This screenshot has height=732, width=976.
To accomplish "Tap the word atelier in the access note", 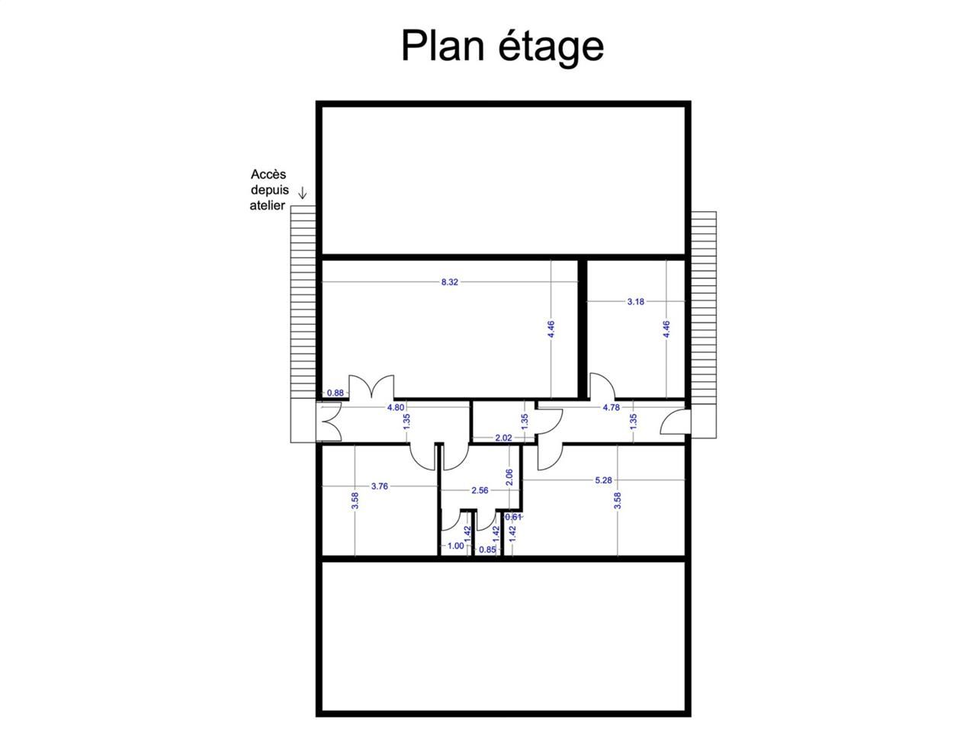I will (x=268, y=206).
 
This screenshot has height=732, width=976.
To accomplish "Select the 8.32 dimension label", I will (x=450, y=282).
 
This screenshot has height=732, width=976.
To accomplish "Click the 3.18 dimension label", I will (x=635, y=302).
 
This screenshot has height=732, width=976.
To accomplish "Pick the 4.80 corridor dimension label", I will (x=396, y=407).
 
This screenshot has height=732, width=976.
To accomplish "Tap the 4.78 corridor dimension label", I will (x=611, y=408).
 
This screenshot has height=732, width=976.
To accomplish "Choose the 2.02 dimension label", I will (x=503, y=438).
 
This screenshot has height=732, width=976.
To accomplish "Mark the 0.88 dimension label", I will (x=335, y=393).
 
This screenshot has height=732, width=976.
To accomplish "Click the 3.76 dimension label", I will (x=379, y=486).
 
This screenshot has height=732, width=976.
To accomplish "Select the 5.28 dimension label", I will (x=603, y=480).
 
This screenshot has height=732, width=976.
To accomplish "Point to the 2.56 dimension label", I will (x=480, y=491).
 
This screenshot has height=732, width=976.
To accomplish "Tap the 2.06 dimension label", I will (x=510, y=477).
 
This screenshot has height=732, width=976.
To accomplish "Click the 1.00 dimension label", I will (x=455, y=546).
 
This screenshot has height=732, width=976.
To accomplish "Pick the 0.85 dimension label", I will (x=487, y=550).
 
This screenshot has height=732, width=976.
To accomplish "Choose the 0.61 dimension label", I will (x=514, y=517).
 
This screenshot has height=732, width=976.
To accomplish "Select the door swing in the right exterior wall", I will (x=675, y=422).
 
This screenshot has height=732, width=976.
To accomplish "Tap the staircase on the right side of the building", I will (x=704, y=324).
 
